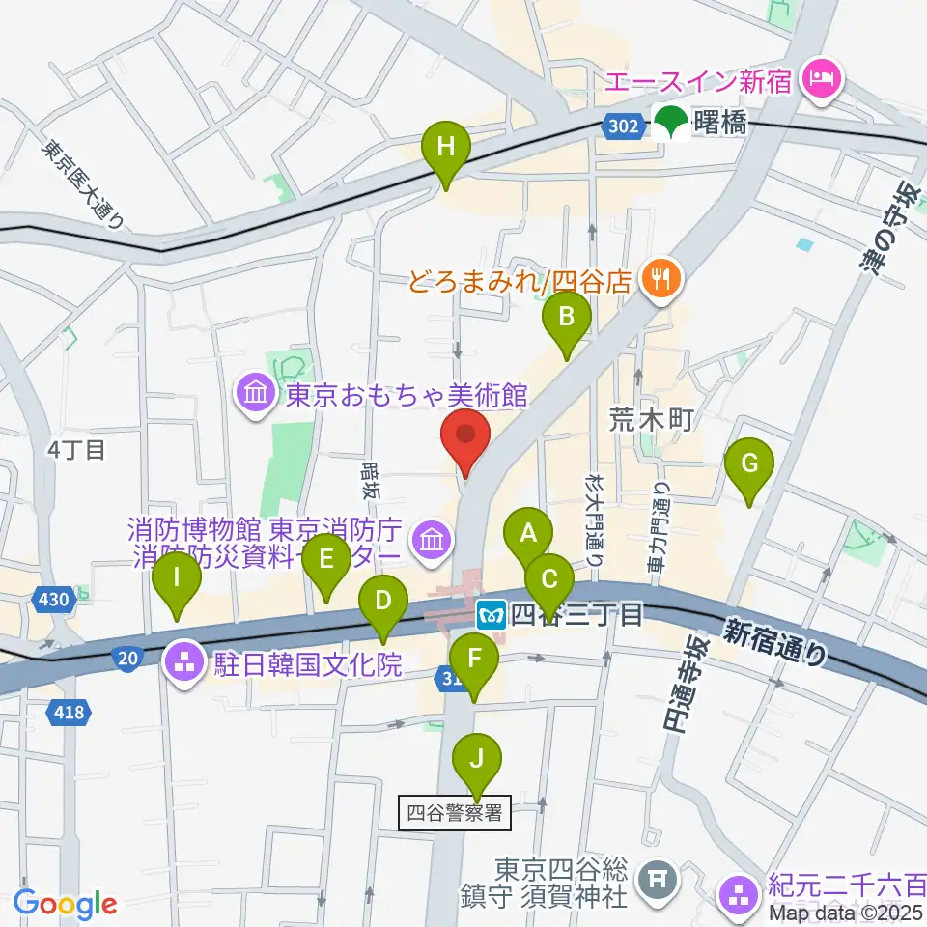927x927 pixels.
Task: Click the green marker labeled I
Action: (177, 582)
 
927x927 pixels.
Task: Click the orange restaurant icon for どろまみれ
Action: (665, 280)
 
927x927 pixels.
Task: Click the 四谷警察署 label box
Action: (454, 813)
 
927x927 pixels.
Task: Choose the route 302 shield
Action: (625, 125)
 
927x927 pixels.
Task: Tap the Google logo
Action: (65, 904)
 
